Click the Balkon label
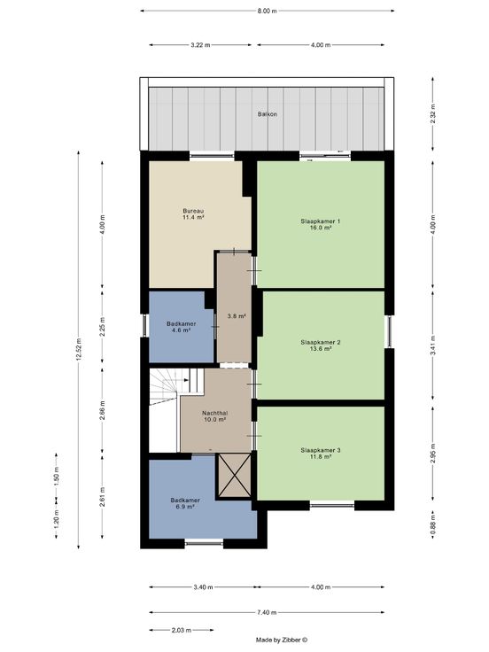[x=268, y=114]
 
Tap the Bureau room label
[x=193, y=211]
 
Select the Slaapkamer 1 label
[x=321, y=221]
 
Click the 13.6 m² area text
[x=321, y=349]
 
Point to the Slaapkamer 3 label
[x=321, y=450]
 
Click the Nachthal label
[x=215, y=414]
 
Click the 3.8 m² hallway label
[x=237, y=316]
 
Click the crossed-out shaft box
[x=235, y=476]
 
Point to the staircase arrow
[x=186, y=380]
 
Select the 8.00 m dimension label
[x=267, y=12]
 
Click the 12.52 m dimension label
[x=79, y=350]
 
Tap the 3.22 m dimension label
[x=200, y=45]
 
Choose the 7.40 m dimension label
[x=267, y=612]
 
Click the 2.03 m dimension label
[x=182, y=630]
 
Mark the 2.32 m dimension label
[x=433, y=114]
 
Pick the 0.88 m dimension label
[x=433, y=524]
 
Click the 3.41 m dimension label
[x=433, y=345]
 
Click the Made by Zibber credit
[x=282, y=640]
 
